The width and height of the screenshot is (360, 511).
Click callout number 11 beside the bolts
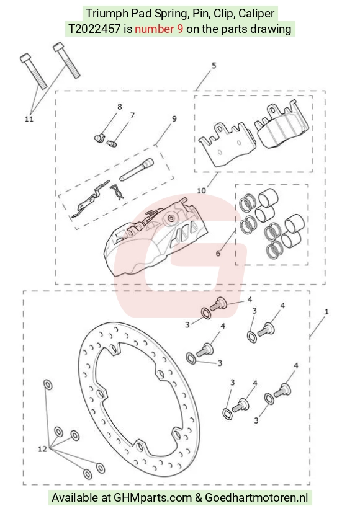tap(29, 118)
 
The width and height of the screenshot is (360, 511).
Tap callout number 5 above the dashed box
tap(214, 66)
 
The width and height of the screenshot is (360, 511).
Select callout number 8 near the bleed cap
tap(120, 107)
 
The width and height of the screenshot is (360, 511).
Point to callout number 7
tap(132, 115)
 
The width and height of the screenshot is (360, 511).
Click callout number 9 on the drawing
tap(174, 118)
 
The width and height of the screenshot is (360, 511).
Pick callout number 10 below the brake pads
tap(202, 190)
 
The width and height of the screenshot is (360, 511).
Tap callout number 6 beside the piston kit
tap(218, 253)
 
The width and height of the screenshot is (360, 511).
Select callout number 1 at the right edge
tap(326, 312)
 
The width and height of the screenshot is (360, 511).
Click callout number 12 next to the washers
tap(42, 449)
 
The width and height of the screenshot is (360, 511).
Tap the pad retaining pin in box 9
tap(136, 169)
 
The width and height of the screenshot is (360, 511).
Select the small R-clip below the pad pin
tap(117, 192)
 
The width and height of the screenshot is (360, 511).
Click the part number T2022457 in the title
tap(94, 29)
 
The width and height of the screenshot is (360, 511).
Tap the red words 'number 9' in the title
tap(159, 29)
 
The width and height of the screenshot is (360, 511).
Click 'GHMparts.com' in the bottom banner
tap(152, 497)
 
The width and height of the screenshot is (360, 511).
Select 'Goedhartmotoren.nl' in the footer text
tap(256, 497)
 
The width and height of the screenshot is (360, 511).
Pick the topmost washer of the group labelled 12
tap(48, 384)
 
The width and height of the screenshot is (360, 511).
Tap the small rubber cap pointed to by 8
tap(99, 138)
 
